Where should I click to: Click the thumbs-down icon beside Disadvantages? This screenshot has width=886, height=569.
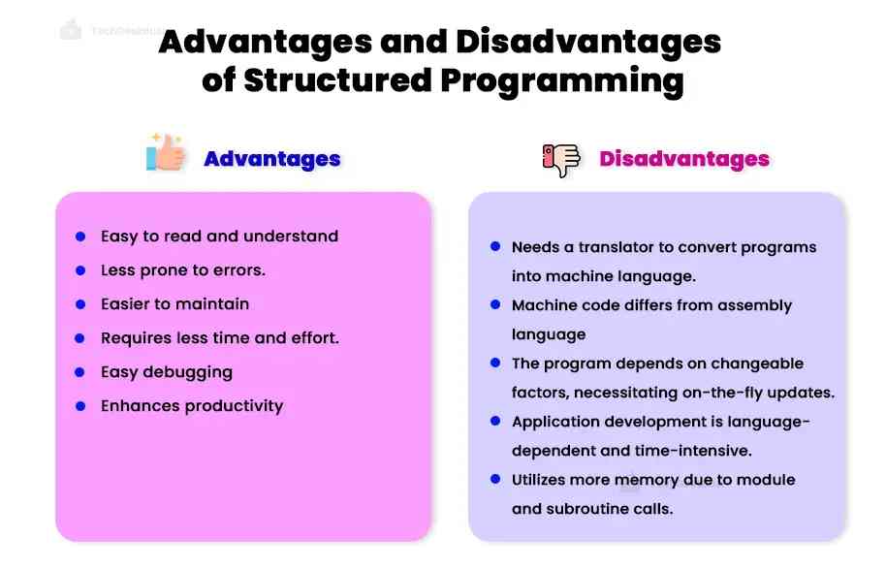coord(561,159)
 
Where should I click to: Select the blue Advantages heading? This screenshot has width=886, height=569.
coord(271,159)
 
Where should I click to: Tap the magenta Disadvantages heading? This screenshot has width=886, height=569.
coord(684,159)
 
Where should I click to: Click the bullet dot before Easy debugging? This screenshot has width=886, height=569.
coord(80,372)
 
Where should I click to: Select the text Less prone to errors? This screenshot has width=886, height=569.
coord(182,270)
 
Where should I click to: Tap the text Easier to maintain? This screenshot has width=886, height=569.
coord(174,304)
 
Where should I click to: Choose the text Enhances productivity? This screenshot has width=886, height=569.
coord(192,406)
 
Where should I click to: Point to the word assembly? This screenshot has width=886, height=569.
coord(755,305)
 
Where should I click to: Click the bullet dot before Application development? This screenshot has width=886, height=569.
coord(495,422)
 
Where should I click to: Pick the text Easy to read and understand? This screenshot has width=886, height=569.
coord(219,237)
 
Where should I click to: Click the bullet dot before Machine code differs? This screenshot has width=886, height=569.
coord(495,305)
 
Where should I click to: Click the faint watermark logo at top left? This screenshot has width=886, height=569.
coord(71,30)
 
